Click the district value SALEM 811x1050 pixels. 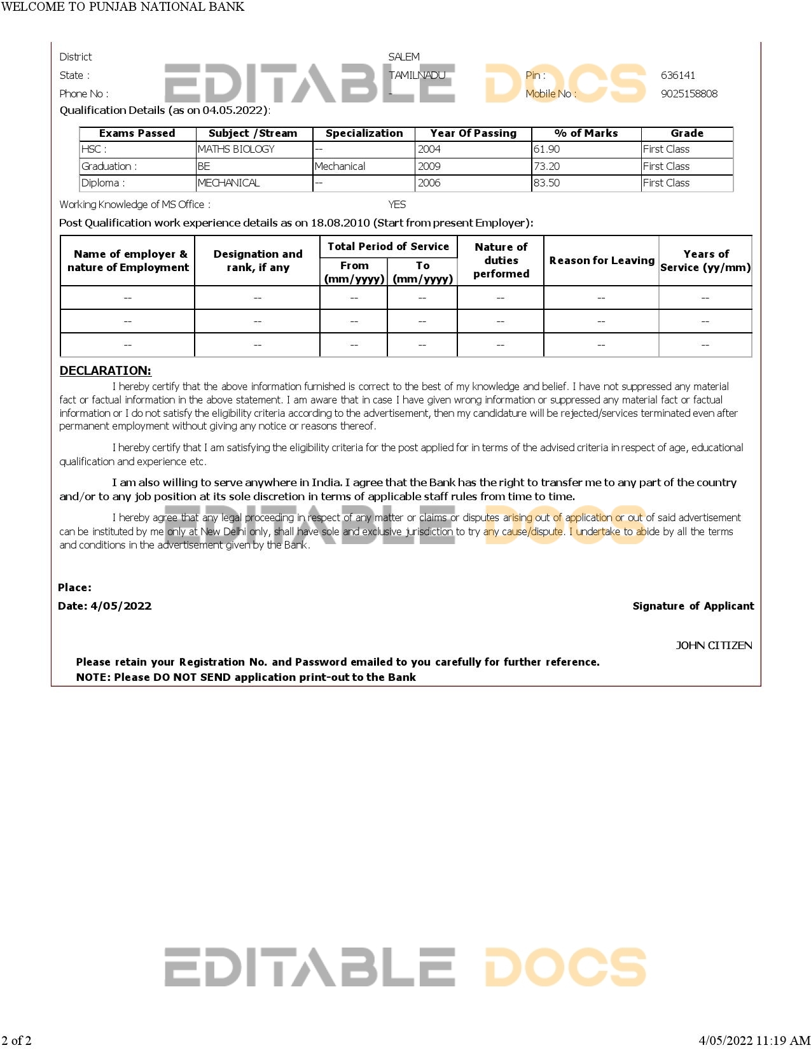(404, 57)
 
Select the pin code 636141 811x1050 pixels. (677, 75)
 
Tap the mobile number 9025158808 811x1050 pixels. (689, 94)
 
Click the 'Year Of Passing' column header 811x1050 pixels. (473, 133)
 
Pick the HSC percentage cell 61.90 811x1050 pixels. (547, 149)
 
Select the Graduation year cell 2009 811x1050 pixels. (429, 166)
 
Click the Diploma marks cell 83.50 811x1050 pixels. (547, 183)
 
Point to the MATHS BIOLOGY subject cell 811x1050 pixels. (236, 149)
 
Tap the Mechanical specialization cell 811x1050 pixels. (340, 166)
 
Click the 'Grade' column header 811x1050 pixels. (687, 133)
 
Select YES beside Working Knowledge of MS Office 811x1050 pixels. (397, 204)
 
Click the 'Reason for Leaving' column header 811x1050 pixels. (602, 260)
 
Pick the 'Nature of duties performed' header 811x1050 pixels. (501, 260)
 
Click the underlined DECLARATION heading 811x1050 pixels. (106, 370)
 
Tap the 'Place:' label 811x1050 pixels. (74, 587)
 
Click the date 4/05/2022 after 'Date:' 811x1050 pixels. (121, 606)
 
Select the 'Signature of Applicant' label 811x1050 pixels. (693, 606)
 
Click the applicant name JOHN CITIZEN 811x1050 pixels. (714, 645)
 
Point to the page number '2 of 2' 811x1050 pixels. (17, 1040)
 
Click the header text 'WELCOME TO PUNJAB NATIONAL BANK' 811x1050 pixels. (123, 7)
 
